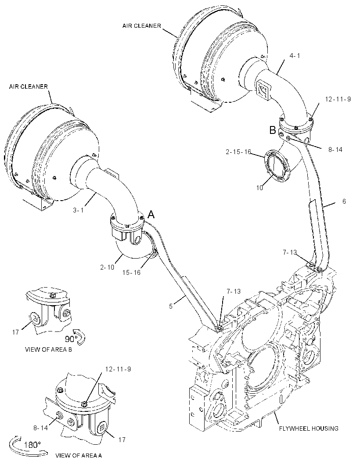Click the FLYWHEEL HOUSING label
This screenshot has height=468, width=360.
point(309,428)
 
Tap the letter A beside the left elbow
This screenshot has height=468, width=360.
point(151,214)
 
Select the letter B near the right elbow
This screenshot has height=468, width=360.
point(273,130)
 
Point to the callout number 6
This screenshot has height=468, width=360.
point(344,202)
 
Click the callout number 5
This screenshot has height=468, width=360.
point(171,306)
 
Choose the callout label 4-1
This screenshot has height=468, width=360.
point(295,55)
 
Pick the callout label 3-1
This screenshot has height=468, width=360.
point(78,210)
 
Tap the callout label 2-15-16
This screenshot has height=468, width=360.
point(238,152)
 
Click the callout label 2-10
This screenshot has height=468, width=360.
point(107,267)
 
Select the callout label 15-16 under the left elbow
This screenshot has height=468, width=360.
point(131,273)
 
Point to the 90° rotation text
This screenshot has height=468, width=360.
point(72,339)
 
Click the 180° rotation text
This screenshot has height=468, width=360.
point(32,445)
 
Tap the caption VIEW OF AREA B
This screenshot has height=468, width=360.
point(48,349)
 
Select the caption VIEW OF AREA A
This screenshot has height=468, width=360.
point(79,455)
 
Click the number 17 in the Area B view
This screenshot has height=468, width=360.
point(15,332)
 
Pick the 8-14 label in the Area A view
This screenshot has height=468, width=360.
point(40,428)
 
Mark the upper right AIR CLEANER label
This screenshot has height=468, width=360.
point(141,25)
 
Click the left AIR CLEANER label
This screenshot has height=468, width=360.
point(29,86)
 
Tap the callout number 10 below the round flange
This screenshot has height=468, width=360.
point(259,188)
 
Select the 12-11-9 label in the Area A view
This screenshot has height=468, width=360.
point(118,369)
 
